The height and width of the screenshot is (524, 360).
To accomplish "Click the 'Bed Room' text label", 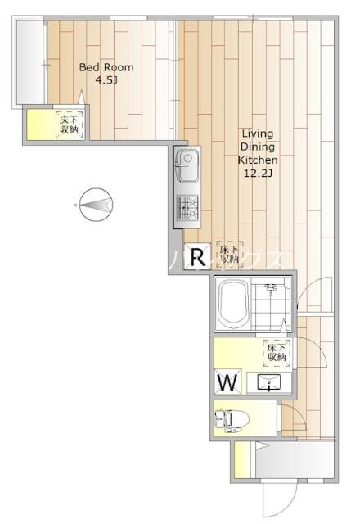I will pyautogui.click(x=106, y=68).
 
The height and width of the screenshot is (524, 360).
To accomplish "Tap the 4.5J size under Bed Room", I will pyautogui.click(x=106, y=80).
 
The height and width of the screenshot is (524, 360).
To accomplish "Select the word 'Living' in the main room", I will pyautogui.click(x=257, y=133).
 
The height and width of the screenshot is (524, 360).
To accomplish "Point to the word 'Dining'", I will pyautogui.click(x=257, y=147).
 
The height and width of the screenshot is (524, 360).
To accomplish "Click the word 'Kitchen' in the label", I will pyautogui.click(x=257, y=161).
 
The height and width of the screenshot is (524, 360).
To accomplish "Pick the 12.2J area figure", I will pyautogui.click(x=257, y=175).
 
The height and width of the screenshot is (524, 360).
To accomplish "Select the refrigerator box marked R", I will pyautogui.click(x=197, y=259).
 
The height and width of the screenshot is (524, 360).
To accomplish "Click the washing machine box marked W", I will pyautogui.click(x=228, y=382).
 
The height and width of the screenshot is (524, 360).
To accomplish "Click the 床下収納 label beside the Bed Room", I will pyautogui.click(x=69, y=125).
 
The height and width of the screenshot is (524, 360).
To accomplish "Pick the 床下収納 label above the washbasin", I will pyautogui.click(x=275, y=354).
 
